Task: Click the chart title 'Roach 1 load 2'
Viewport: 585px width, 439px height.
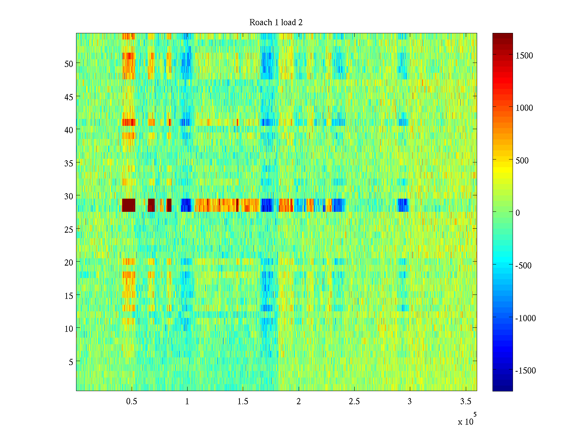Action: (276, 23)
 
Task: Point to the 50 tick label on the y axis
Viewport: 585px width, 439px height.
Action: (68, 64)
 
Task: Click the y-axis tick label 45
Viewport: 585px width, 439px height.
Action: (68, 97)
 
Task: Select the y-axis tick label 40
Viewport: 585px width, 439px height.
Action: (68, 130)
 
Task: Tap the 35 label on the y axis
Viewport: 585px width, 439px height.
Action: (68, 163)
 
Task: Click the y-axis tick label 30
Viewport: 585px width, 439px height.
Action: (68, 196)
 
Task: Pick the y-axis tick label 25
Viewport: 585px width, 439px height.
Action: (68, 229)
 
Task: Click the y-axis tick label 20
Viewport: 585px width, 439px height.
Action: (68, 263)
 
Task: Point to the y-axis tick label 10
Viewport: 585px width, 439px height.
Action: (68, 329)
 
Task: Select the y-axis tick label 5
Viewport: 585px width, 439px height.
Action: (71, 362)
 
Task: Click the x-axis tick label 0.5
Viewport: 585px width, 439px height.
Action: (132, 402)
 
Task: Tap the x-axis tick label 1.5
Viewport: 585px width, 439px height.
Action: (243, 402)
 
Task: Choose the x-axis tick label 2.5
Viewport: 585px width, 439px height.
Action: (354, 402)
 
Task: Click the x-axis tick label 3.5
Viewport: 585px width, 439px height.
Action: (465, 402)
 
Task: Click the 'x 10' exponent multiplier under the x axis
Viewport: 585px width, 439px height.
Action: (466, 422)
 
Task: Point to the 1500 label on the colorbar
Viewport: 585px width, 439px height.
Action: (524, 56)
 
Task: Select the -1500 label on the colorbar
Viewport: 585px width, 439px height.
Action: (525, 371)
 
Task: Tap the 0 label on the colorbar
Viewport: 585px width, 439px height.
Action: (517, 213)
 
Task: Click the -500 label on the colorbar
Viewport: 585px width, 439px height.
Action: (523, 266)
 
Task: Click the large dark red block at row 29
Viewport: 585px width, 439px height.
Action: (128, 205)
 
